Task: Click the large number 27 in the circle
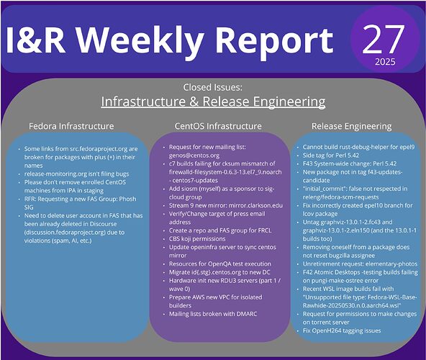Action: [x=384, y=39]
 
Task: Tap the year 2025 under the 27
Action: [x=385, y=62]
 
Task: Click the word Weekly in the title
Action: [x=140, y=42]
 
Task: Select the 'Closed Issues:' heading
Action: [x=212, y=87]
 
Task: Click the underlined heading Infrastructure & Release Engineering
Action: [x=213, y=102]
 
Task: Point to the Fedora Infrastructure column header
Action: [x=71, y=126]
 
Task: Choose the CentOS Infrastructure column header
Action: [x=218, y=126]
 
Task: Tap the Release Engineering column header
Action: [x=352, y=127]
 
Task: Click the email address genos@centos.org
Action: [x=194, y=156]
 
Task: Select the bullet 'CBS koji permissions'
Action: [x=197, y=239]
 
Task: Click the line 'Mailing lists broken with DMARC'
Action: [x=213, y=314]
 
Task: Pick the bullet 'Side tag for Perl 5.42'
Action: [x=331, y=156]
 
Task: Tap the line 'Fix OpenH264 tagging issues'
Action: [x=342, y=330]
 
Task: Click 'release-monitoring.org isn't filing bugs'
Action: [x=76, y=174]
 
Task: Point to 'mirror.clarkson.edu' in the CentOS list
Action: [x=255, y=205]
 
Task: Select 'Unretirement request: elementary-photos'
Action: [x=360, y=264]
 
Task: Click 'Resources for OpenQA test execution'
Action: [x=220, y=264]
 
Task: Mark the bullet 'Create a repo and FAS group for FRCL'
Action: [x=220, y=230]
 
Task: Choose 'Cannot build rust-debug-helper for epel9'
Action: [x=358, y=147]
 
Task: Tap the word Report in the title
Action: [x=275, y=42]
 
